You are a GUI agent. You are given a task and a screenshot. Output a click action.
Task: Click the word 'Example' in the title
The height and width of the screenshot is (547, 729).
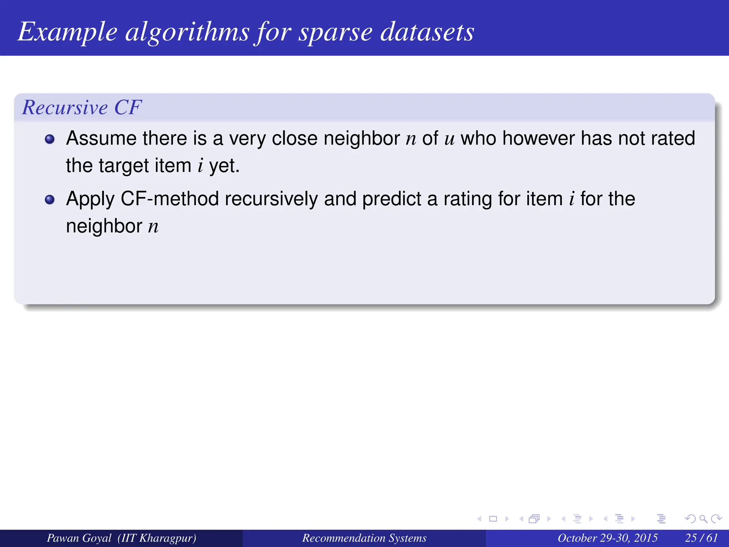(67, 32)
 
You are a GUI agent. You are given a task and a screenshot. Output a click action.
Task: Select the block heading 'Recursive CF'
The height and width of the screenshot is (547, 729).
(82, 107)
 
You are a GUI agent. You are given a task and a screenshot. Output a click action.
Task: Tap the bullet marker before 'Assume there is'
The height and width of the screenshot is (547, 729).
(50, 139)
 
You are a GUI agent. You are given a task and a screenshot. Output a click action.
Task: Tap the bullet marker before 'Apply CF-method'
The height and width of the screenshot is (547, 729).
(50, 199)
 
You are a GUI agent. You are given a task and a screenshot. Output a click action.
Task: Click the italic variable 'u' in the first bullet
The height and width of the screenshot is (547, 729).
(449, 139)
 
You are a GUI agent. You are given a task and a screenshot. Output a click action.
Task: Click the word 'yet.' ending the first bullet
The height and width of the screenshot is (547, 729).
(224, 166)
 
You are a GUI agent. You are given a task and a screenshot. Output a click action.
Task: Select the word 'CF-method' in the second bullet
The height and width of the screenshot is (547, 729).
(169, 199)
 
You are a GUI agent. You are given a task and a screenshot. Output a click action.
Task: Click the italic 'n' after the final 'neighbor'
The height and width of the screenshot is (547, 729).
(153, 227)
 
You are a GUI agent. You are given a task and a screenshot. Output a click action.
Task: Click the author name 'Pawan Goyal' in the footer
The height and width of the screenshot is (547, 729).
(79, 538)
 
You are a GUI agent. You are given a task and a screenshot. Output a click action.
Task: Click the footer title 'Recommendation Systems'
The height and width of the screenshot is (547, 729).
(364, 538)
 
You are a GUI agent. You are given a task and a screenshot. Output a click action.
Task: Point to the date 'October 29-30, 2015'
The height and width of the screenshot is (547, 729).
(607, 538)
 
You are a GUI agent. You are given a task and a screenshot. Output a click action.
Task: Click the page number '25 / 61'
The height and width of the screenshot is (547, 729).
(701, 538)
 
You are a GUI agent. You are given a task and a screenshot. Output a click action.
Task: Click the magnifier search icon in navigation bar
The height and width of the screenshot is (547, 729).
(703, 519)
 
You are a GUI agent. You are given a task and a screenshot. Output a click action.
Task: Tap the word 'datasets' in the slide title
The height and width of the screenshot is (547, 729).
(427, 32)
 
